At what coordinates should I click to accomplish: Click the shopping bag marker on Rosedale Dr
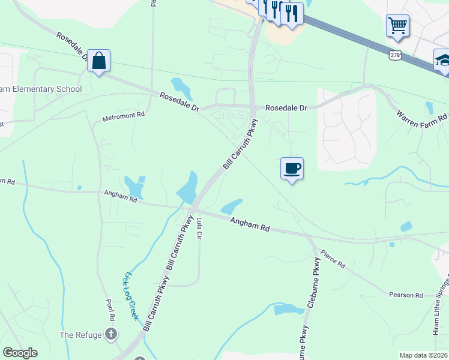pos(98,61)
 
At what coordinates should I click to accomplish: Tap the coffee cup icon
pos(292,168)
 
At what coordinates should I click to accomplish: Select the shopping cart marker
pos(397,26)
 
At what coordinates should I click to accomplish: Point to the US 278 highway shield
pos(394,55)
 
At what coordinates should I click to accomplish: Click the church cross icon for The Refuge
pos(110,334)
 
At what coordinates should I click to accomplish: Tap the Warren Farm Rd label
pos(422,113)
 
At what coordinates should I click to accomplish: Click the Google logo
pos(20,353)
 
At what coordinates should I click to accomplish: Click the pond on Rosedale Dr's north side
pos(181,88)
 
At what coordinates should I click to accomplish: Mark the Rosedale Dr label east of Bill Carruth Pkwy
pos(286,107)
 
